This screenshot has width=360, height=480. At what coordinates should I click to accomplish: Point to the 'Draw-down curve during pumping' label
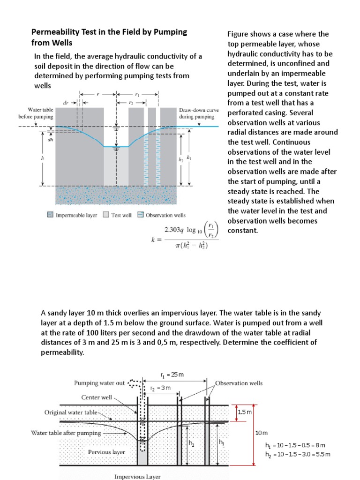click(x=197, y=113)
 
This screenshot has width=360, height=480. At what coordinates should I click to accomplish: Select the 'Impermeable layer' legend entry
click(x=74, y=215)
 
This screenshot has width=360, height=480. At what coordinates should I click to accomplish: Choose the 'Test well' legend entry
click(x=120, y=215)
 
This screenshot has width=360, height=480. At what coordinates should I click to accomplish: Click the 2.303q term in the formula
click(x=174, y=230)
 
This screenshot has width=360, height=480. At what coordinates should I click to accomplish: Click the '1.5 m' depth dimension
click(x=245, y=412)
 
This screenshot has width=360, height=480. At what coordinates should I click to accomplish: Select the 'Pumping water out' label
click(x=99, y=383)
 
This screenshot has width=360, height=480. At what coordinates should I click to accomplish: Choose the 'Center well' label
click(x=97, y=397)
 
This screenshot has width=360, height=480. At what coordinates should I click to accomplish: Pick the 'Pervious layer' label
click(x=106, y=452)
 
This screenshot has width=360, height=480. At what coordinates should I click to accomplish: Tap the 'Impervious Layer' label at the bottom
click(x=137, y=476)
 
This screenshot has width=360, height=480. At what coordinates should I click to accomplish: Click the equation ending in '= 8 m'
click(x=295, y=445)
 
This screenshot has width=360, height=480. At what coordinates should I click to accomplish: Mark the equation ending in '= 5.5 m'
click(x=295, y=454)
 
